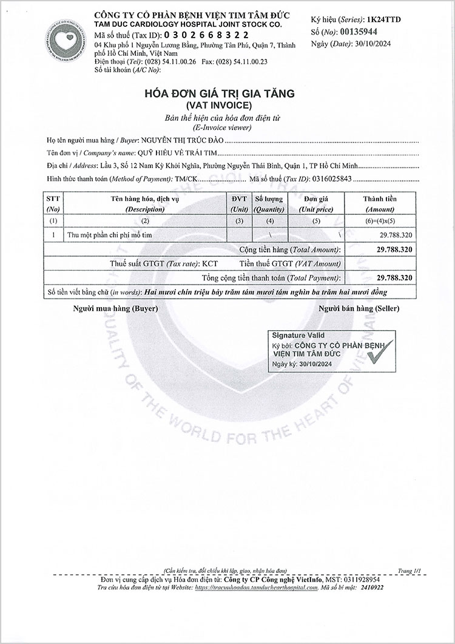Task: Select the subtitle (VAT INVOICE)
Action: pos(218,106)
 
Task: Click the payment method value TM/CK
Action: pos(185,178)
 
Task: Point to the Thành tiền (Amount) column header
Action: pos(380,204)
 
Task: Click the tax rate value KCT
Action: pos(210,263)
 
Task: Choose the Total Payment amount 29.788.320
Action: pos(394,277)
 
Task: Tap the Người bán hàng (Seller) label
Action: pos(359,308)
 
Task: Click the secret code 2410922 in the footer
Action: pos(371,588)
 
